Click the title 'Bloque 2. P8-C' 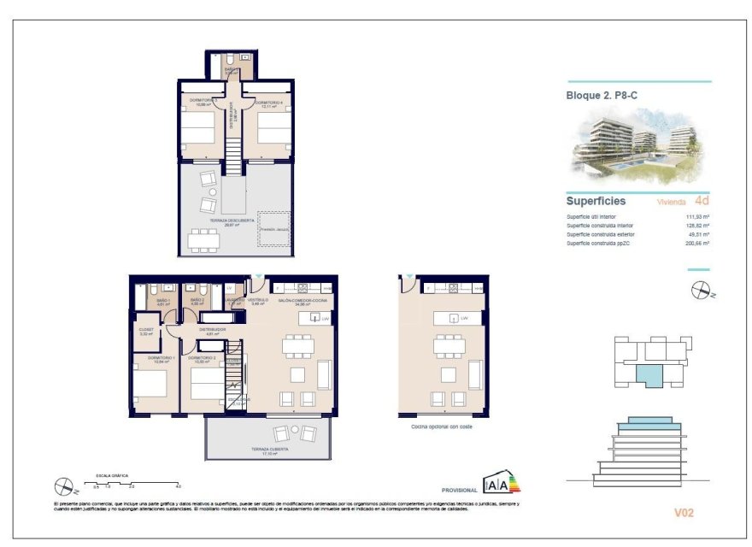(602, 95)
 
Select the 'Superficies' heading (596, 202)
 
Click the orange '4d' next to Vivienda (702, 202)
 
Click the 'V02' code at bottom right (684, 513)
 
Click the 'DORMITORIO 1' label (161, 357)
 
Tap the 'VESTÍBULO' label (258, 301)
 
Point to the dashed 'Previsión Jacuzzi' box (274, 229)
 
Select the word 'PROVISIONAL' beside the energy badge (459, 491)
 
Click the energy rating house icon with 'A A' (502, 483)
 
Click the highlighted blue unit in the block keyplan (649, 373)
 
